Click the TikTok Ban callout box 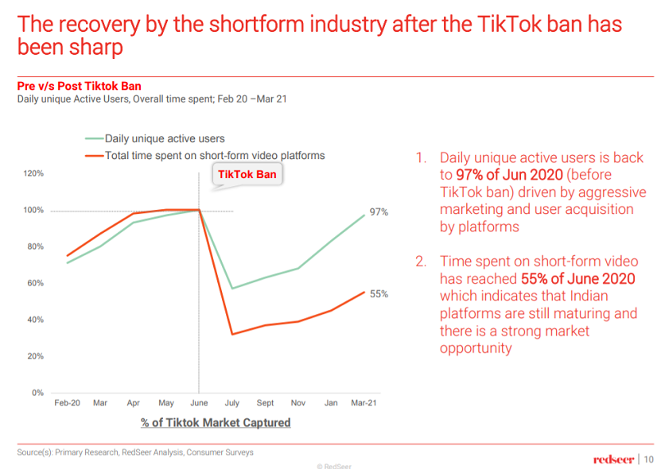coord(248,175)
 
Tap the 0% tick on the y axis coord(37,393)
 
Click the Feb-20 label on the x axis coord(67,404)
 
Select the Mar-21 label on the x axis coord(364,404)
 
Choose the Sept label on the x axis coord(265,404)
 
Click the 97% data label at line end coord(379,214)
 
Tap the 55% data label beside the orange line coord(379,294)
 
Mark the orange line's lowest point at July coord(231,334)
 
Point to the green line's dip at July coord(231,289)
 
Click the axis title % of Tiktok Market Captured coord(216,423)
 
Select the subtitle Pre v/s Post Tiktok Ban coord(80,86)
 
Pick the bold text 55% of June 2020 coord(577,278)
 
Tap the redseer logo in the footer coord(613,459)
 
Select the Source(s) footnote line coord(135,452)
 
